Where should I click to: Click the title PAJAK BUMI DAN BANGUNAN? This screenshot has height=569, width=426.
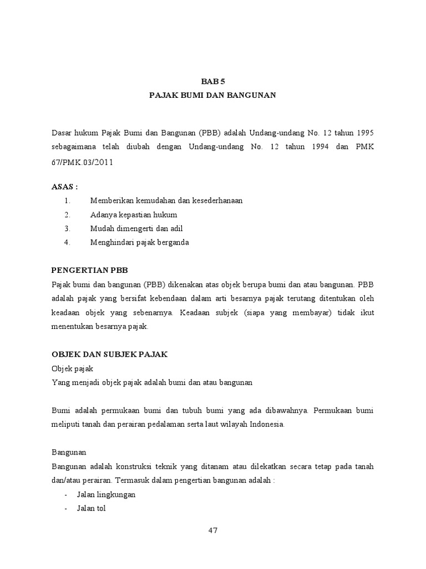pyautogui.click(x=212, y=96)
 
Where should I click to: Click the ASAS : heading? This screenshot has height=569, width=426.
pyautogui.click(x=64, y=187)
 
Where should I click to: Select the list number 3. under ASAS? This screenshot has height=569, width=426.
pyautogui.click(x=67, y=228)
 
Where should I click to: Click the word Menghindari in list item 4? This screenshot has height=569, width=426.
pyautogui.click(x=111, y=242)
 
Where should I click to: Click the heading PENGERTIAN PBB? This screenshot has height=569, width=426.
pyautogui.click(x=89, y=271)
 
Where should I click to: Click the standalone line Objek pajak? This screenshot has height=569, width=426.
pyautogui.click(x=72, y=368)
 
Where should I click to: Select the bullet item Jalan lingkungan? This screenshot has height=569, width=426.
pyautogui.click(x=106, y=494)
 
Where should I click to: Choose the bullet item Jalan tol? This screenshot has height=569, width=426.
pyautogui.click(x=91, y=508)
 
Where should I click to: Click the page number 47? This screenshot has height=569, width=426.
pyautogui.click(x=213, y=530)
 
